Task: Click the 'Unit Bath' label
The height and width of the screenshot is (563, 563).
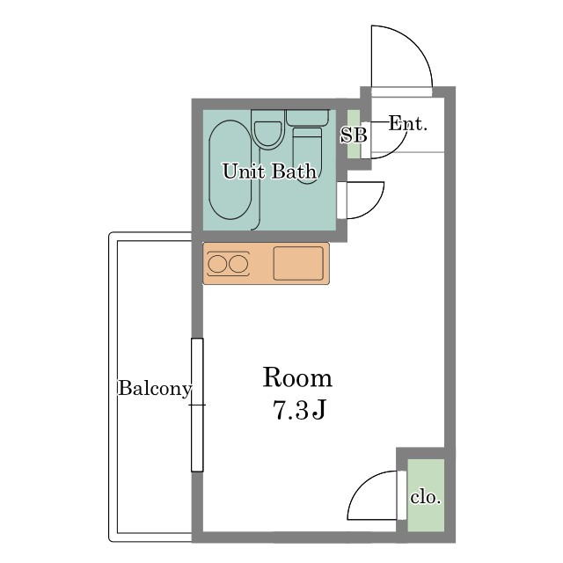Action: pyautogui.click(x=269, y=172)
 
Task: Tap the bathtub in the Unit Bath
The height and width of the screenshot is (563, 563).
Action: pyautogui.click(x=230, y=170)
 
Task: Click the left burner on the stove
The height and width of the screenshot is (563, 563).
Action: pyautogui.click(x=217, y=264)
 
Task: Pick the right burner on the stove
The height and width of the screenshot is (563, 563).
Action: pyautogui.click(x=238, y=264)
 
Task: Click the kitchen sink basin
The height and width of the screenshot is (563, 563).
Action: pyautogui.click(x=298, y=263)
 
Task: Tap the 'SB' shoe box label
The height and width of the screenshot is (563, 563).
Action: pyautogui.click(x=354, y=135)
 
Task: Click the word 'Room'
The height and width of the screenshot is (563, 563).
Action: pyautogui.click(x=297, y=377)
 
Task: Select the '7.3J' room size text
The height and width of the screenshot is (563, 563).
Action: pyautogui.click(x=299, y=410)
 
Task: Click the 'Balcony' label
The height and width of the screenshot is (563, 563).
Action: pyautogui.click(x=155, y=389)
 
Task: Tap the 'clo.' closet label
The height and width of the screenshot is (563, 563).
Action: pyautogui.click(x=426, y=498)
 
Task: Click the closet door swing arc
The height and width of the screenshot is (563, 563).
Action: pyautogui.click(x=362, y=485)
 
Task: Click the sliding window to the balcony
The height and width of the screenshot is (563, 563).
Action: pyautogui.click(x=197, y=405)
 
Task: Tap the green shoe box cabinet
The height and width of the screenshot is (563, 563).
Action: pyautogui.click(x=354, y=134)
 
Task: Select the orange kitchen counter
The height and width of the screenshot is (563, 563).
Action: pyautogui.click(x=266, y=264)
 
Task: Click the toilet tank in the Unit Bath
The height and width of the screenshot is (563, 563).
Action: pyautogui.click(x=307, y=118)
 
